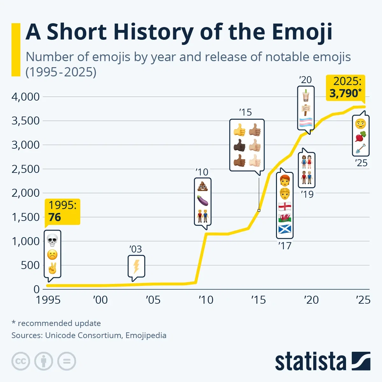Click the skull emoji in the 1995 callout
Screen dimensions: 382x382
52,240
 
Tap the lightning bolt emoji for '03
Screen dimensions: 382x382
136,266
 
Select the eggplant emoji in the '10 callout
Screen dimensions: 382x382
203,201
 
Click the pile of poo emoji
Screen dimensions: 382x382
203,186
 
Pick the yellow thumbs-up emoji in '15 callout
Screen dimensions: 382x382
239,130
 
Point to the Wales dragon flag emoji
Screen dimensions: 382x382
285,218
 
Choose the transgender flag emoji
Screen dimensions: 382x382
306,122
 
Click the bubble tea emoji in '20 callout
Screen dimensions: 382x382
306,95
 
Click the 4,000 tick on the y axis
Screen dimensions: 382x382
25,97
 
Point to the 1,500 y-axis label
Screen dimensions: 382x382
25,217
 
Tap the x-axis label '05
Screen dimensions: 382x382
153,300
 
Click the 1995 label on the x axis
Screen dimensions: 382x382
48,300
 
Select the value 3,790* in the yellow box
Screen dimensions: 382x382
345,94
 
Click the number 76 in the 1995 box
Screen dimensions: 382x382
55,217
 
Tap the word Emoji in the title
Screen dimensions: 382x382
302,32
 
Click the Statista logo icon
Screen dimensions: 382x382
361,361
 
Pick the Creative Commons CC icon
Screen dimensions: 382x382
21,361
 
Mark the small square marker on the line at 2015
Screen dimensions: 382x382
259,210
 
